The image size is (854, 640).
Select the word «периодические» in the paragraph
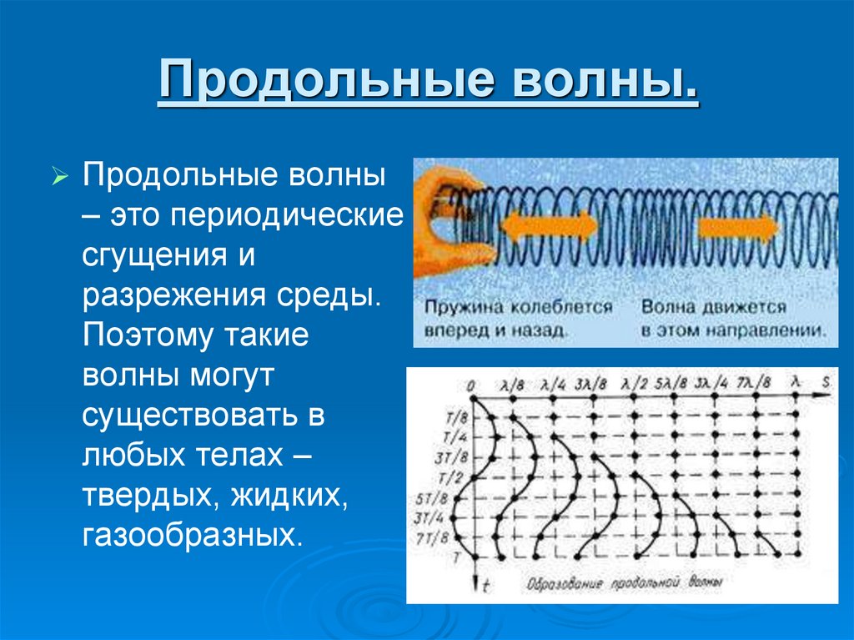287,215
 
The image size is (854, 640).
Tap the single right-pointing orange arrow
737,227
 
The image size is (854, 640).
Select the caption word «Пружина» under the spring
456,307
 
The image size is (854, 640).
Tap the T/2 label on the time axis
455,477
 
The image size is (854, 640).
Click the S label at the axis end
826,382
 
